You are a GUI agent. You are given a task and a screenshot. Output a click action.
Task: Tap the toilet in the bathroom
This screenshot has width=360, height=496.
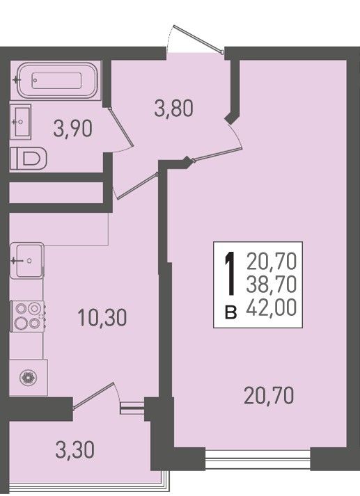[29, 159]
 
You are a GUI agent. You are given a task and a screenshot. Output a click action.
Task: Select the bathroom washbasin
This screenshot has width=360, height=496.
[21, 122]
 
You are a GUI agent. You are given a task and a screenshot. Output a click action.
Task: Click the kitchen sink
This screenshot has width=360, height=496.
[26, 261]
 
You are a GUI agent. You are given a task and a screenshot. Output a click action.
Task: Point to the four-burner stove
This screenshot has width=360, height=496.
[28, 316]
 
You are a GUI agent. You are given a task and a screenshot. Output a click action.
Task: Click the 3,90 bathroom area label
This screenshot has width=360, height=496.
[73, 129]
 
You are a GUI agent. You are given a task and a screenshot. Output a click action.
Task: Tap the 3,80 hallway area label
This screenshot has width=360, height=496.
[173, 109]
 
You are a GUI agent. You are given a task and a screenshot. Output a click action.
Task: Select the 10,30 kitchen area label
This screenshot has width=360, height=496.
[102, 317]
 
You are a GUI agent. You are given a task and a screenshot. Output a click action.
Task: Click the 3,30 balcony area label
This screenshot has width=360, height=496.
[75, 450]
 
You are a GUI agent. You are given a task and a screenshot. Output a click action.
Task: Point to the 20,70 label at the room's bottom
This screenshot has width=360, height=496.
[269, 395]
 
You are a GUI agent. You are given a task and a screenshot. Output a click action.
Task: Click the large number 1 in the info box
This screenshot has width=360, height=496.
[230, 273]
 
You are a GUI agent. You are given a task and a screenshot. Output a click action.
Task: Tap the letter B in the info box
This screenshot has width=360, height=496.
[230, 312]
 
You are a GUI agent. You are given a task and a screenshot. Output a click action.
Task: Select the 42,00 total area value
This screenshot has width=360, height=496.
[272, 307]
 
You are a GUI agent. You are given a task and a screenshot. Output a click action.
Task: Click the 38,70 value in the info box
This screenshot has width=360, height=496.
[272, 284]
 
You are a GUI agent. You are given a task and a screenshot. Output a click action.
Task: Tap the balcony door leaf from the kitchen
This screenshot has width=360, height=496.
[93, 395]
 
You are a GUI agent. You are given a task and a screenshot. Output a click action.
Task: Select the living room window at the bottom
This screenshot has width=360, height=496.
[258, 460]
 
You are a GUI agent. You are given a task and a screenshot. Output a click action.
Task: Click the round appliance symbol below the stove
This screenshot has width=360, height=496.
[28, 377]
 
